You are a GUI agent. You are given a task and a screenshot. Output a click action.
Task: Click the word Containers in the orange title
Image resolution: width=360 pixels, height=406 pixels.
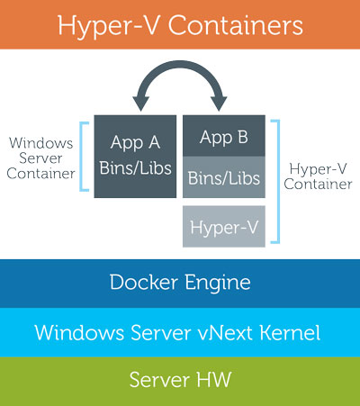(235, 25)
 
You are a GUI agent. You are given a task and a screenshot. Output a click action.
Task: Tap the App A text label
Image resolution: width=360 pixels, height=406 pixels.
(135, 142)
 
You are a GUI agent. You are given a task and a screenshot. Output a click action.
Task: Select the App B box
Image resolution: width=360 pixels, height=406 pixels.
(224, 136)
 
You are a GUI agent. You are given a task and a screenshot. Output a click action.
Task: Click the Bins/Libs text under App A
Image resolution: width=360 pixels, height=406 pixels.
(135, 167)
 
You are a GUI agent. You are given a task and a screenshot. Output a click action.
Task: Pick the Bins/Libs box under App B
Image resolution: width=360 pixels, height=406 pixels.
(224, 177)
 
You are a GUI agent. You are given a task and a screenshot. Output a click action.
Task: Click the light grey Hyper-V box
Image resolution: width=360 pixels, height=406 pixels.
(224, 227)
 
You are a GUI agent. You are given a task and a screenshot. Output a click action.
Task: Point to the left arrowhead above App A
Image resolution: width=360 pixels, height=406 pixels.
(141, 104)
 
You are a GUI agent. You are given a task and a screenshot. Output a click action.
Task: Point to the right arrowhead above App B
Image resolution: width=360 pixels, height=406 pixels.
(219, 104)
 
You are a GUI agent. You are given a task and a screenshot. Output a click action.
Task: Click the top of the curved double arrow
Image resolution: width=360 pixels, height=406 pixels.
(180, 64)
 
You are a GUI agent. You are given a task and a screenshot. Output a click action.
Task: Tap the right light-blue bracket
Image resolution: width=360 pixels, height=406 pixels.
(278, 182)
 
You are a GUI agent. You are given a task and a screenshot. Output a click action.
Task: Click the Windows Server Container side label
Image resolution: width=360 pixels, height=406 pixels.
(40, 158)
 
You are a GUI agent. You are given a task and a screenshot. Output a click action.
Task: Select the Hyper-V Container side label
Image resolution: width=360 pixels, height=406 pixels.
(318, 176)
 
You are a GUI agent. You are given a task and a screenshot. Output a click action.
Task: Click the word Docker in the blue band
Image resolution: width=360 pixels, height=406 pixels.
(144, 282)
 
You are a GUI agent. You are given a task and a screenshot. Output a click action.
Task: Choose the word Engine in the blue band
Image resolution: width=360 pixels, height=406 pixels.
(218, 284)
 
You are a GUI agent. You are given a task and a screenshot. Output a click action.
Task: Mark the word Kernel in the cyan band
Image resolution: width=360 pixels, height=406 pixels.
(290, 332)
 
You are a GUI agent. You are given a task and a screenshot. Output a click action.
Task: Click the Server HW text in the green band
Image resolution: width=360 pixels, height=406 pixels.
(180, 380)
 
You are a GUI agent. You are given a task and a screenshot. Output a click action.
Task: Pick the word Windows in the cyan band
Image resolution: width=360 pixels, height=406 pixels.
(79, 332)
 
